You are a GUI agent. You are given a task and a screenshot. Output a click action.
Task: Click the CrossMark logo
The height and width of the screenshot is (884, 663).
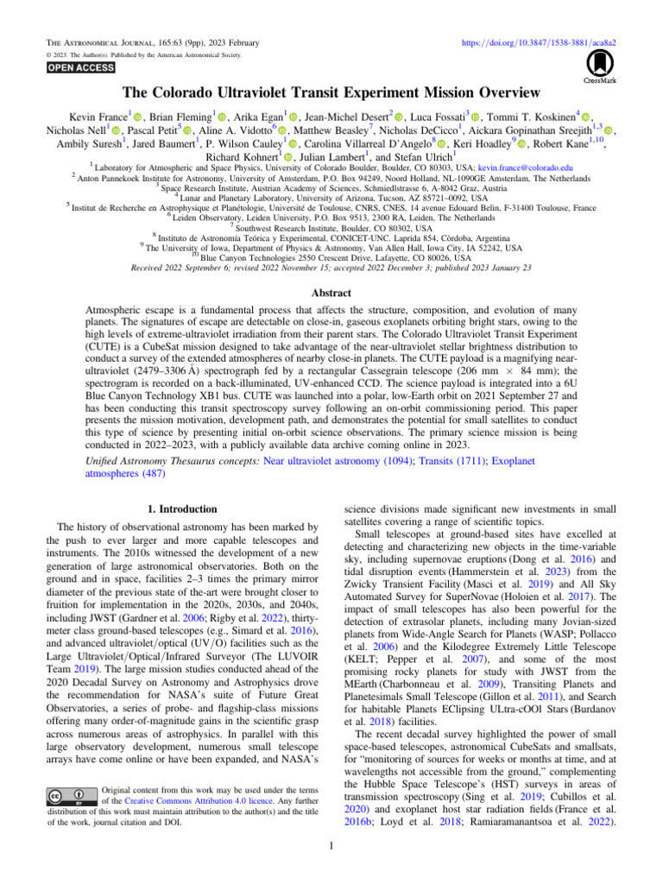click(x=597, y=67)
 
